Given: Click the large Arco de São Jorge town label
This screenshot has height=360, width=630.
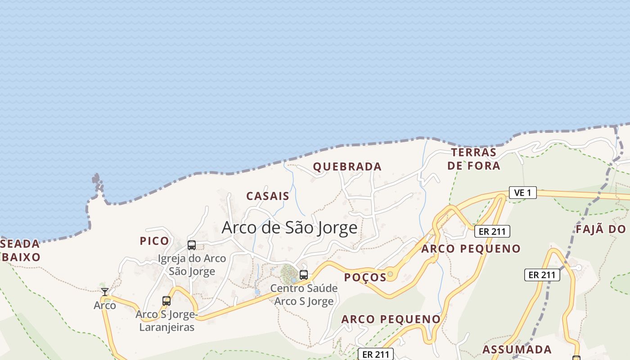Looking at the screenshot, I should point(289,227).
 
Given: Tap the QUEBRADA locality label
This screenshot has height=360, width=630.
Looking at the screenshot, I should point(347,166).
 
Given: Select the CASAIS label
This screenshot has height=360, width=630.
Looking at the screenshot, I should point(268,196).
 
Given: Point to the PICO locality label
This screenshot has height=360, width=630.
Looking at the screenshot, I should point(154,241).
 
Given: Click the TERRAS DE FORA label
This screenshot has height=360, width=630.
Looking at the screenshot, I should point(473,159).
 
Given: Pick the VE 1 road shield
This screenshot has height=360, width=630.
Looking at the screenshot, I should point(522,193).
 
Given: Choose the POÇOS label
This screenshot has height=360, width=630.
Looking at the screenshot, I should point(365,277).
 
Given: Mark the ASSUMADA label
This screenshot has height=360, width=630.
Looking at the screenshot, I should point(517,349).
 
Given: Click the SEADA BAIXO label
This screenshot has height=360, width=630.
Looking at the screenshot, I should point(20,251).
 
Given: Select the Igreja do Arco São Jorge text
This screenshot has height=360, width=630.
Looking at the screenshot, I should point(192,265).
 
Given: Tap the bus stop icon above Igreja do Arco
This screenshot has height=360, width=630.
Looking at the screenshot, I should point(192,245).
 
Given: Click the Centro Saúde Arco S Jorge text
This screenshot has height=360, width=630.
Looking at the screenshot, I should point(304,295).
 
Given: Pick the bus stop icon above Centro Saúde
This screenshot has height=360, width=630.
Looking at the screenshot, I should point(304,275).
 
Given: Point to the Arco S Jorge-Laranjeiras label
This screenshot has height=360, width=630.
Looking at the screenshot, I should point(166,320).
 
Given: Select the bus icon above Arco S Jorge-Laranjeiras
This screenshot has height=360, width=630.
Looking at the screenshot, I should point(166,301).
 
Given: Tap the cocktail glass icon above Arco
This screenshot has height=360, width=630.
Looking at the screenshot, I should point(105,292).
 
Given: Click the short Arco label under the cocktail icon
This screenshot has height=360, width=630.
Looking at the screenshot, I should point(105,306).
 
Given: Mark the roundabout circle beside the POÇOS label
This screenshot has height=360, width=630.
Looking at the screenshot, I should point(390,274).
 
